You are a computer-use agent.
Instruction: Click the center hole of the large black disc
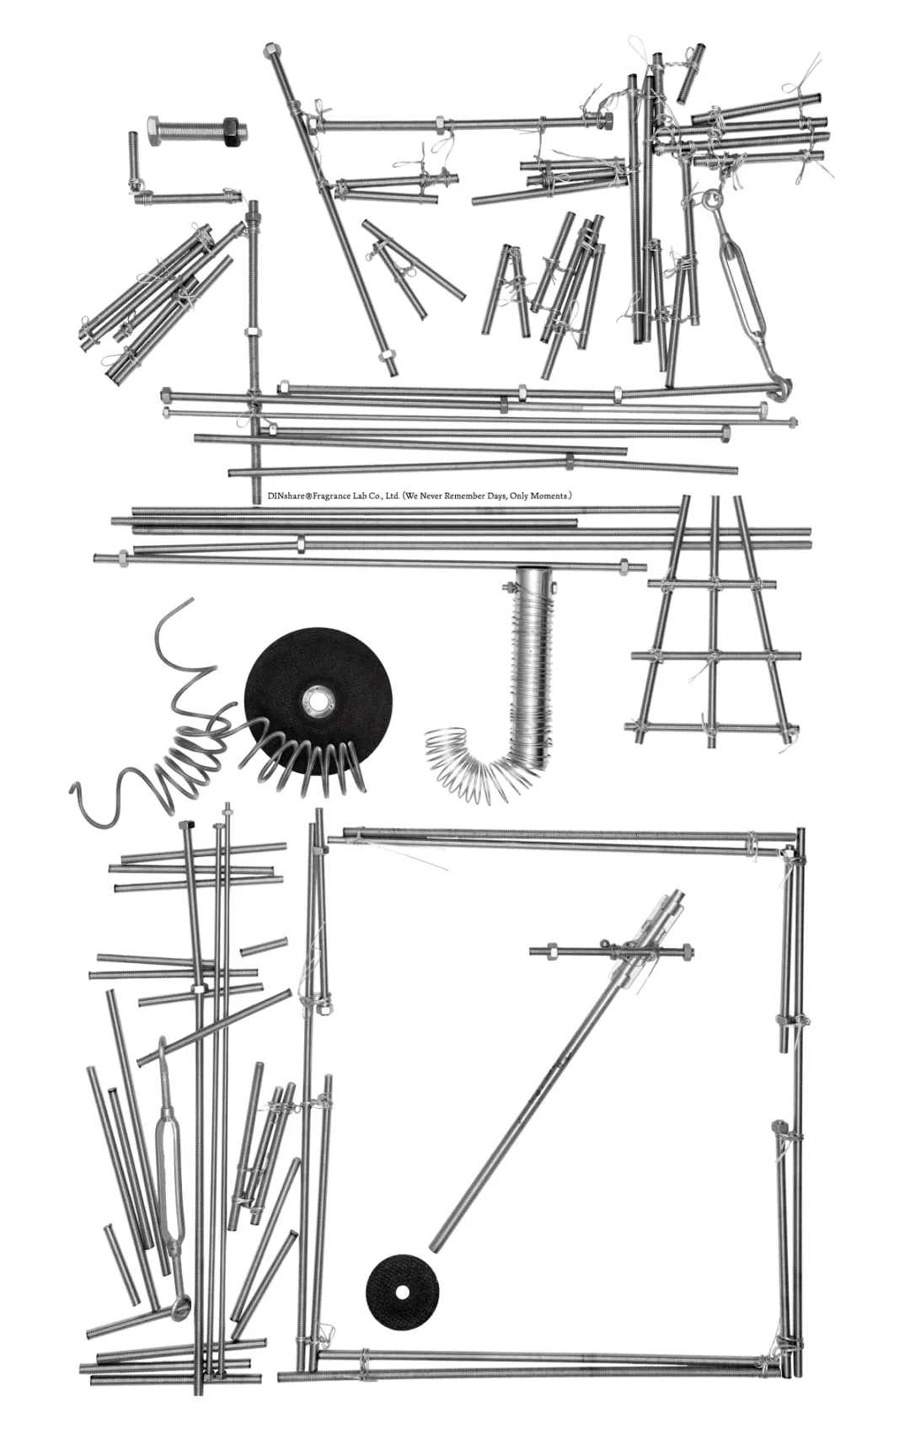[318, 699]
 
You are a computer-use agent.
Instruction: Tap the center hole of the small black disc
[402, 1292]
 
